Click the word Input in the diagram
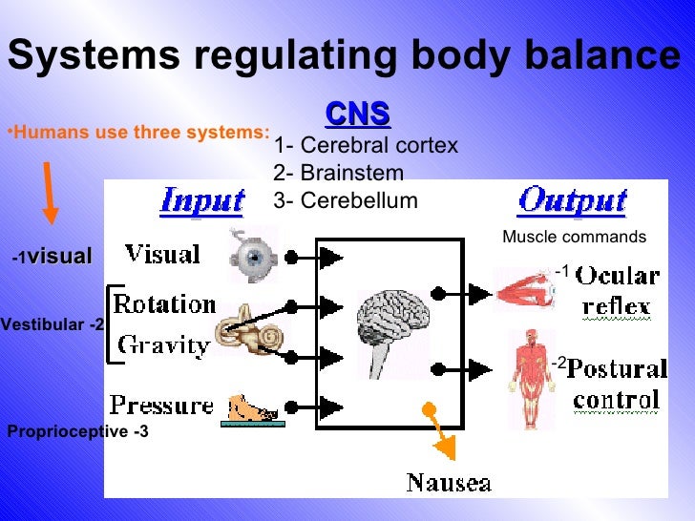point(201,201)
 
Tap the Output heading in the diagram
point(572,201)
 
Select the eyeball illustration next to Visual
point(252,256)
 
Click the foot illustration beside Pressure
point(253,408)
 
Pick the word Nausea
point(449,482)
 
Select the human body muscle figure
point(526,377)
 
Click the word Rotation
point(164,305)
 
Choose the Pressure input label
point(161,406)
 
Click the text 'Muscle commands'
point(574,237)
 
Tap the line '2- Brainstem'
point(338,173)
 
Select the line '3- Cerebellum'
point(345,200)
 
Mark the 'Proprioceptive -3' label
point(77,431)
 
